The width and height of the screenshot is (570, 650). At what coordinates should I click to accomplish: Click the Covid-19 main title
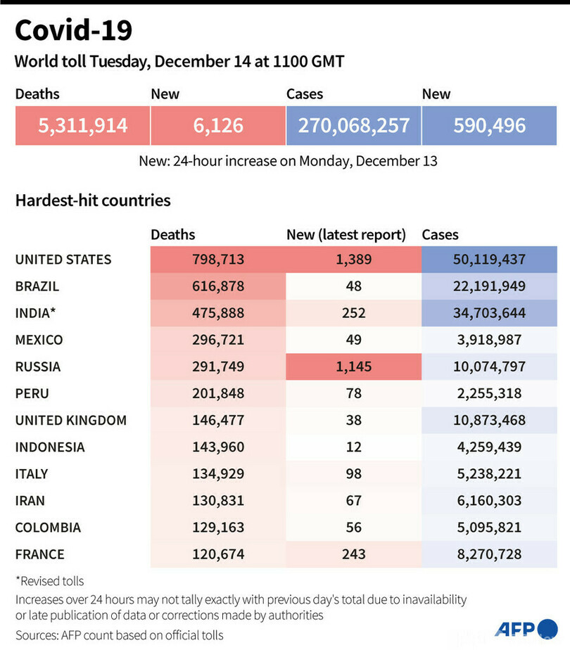tap(73, 31)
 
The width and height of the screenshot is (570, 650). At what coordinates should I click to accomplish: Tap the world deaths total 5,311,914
tap(82, 126)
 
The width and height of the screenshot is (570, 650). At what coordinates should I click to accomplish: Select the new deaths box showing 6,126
tap(218, 126)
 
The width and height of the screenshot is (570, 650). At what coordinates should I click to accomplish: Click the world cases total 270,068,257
tap(353, 126)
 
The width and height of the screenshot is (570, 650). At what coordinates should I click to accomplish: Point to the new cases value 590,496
tap(490, 126)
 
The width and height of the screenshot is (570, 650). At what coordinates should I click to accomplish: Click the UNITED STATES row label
tap(63, 260)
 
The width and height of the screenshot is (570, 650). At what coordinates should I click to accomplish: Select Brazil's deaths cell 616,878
tap(218, 286)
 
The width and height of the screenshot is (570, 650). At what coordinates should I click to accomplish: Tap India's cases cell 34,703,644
tap(489, 313)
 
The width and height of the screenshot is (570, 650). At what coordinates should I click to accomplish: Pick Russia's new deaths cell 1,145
tap(353, 367)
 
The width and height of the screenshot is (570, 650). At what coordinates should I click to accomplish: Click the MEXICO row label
tap(39, 340)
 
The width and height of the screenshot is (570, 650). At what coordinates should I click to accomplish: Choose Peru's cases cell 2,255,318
tap(489, 393)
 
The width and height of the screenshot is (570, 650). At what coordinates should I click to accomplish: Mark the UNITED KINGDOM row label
tap(71, 421)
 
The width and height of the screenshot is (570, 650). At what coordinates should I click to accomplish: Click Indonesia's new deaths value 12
tap(353, 447)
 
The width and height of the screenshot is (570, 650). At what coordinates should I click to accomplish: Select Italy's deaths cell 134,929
tap(218, 474)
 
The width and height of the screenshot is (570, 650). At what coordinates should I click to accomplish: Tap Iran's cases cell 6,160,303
tap(489, 501)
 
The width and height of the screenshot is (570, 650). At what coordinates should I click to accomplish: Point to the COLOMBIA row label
tap(48, 528)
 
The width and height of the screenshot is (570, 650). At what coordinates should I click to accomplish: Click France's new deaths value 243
tap(353, 554)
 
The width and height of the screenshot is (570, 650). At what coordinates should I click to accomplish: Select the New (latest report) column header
tap(346, 235)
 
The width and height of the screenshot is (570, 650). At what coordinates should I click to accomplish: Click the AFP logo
tap(526, 627)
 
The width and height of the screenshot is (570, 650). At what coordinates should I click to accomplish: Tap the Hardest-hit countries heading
tap(93, 200)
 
